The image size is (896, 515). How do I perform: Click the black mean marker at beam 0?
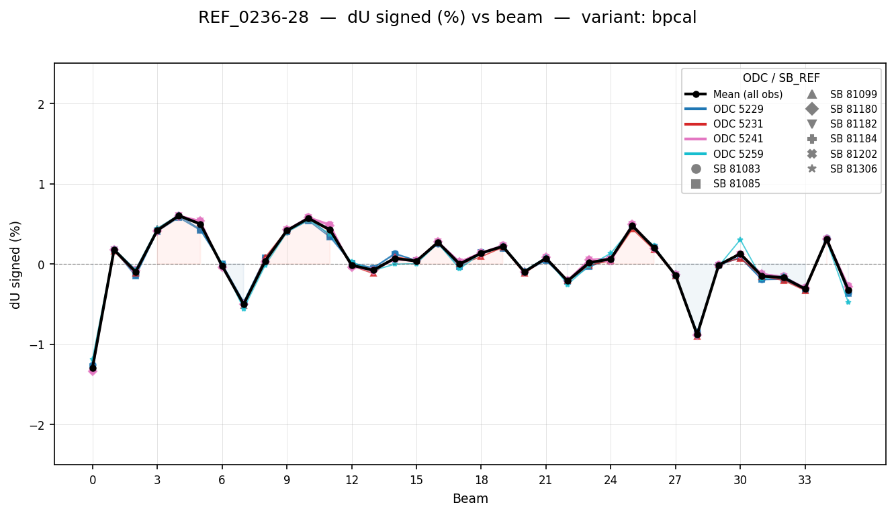[93, 368]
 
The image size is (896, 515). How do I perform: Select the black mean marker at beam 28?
[697, 334]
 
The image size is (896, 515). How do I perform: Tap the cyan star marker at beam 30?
[740, 240]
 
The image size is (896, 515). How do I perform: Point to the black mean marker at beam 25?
[632, 226]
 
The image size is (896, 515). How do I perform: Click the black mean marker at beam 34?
[827, 240]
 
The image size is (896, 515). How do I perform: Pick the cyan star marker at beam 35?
[848, 302]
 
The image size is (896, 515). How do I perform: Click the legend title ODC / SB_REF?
[781, 78]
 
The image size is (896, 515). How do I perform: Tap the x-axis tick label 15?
[416, 481]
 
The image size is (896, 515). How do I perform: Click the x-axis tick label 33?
[805, 481]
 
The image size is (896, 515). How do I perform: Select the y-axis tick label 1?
[41, 184]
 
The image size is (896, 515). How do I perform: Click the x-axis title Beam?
[470, 499]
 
